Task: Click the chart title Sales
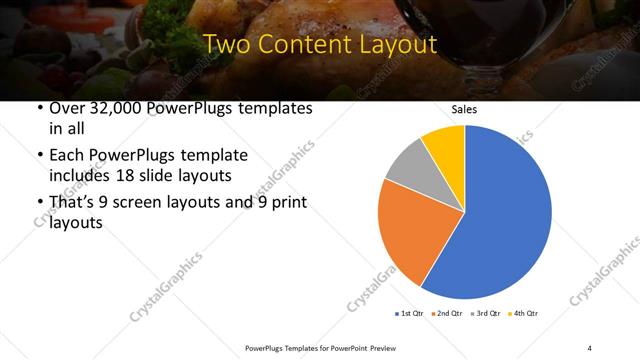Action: pos(464,109)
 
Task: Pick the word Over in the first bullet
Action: pos(67,109)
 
